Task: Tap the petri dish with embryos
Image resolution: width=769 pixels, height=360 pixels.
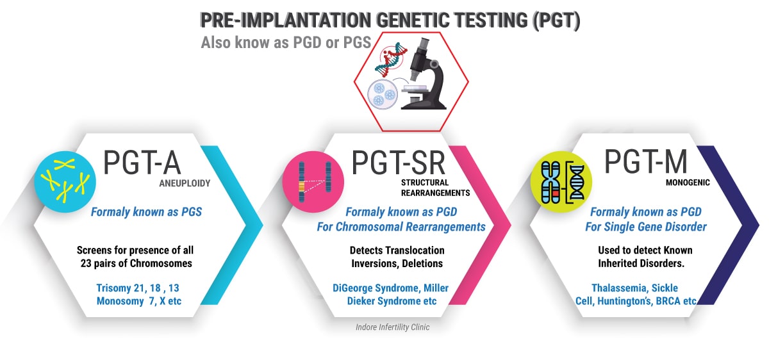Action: [x=383, y=94]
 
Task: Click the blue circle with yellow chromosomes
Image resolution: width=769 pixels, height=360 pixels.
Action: [x=65, y=182]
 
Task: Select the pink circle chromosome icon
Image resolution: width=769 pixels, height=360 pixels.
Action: [x=313, y=182]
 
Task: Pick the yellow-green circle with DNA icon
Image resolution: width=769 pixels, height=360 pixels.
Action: [x=561, y=182]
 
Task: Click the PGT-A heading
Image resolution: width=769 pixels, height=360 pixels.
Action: [x=142, y=163]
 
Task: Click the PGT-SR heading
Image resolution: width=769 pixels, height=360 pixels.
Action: [x=398, y=163]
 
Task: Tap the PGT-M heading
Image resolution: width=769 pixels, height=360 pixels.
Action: [x=646, y=161]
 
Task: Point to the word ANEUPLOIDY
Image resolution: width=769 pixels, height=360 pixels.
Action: [x=185, y=183]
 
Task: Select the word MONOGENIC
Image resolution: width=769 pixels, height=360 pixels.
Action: [x=688, y=183]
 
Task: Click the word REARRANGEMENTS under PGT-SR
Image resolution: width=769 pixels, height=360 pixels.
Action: [x=435, y=193]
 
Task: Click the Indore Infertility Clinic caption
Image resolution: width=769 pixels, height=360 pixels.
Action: [x=392, y=327]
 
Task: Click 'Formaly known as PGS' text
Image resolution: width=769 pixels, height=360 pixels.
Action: [x=146, y=212]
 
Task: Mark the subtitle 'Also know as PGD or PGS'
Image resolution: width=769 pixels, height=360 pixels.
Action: [x=286, y=42]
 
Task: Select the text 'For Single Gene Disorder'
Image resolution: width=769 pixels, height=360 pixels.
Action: [x=646, y=227]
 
